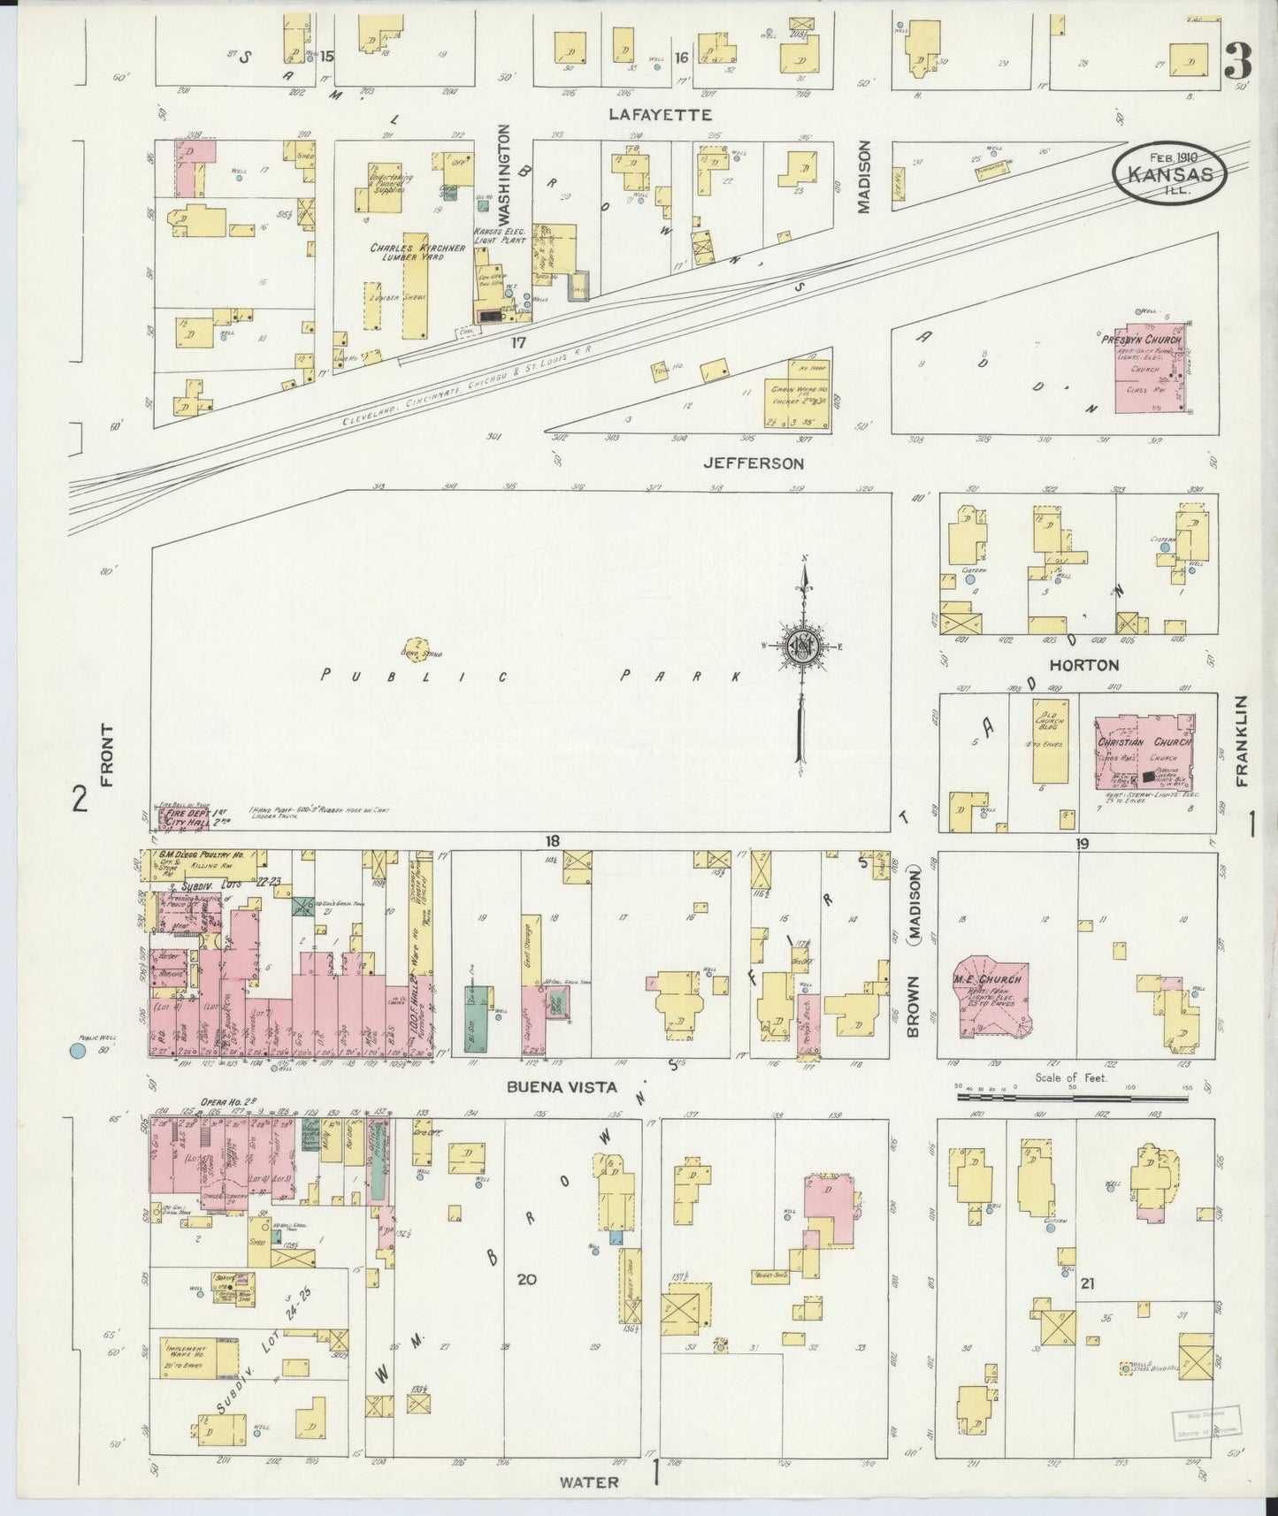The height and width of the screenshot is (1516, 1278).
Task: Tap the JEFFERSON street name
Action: pyautogui.click(x=753, y=463)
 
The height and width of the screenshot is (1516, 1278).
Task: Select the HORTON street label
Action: pyautogui.click(x=1083, y=664)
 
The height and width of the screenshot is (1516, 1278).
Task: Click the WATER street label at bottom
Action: pyautogui.click(x=590, y=1482)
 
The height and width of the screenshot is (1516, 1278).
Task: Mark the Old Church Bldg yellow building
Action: pyautogui.click(x=1050, y=741)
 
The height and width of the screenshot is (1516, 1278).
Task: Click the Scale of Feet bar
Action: pyautogui.click(x=1075, y=1097)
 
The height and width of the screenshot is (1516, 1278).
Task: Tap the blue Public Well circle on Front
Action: pyautogui.click(x=78, y=1051)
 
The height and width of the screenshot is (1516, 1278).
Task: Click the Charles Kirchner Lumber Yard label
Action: pyautogui.click(x=417, y=254)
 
